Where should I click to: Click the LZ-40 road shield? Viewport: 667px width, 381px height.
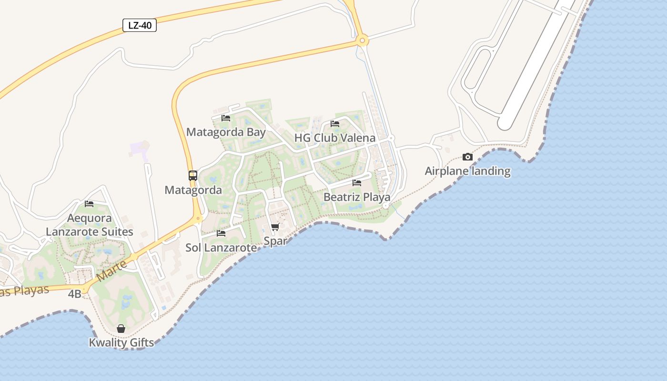pyautogui.click(x=140, y=25)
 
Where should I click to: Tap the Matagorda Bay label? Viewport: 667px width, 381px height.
pyautogui.click(x=226, y=132)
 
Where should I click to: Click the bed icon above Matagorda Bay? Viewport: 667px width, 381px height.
pyautogui.click(x=226, y=118)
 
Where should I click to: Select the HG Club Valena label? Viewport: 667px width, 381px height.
pyautogui.click(x=334, y=138)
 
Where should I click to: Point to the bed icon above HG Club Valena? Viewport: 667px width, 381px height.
pyautogui.click(x=335, y=124)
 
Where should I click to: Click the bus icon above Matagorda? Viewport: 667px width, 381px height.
pyautogui.click(x=193, y=176)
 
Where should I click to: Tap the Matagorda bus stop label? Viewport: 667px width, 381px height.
pyautogui.click(x=193, y=190)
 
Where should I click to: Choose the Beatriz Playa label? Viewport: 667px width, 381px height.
pyautogui.click(x=357, y=197)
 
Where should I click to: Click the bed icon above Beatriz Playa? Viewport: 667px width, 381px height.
pyautogui.click(x=357, y=183)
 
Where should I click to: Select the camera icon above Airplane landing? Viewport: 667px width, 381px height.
pyautogui.click(x=467, y=157)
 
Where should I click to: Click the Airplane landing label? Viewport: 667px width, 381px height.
pyautogui.click(x=467, y=171)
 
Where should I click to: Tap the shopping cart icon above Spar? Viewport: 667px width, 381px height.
pyautogui.click(x=275, y=227)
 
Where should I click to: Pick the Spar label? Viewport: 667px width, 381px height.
pyautogui.click(x=275, y=241)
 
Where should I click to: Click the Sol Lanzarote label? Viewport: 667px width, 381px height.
pyautogui.click(x=221, y=248)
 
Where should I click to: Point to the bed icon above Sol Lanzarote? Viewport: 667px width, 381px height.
pyautogui.click(x=221, y=233)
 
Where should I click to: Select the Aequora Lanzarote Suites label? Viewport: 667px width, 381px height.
pyautogui.click(x=90, y=225)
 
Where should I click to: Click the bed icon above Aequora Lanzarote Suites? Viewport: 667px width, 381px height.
pyautogui.click(x=89, y=204)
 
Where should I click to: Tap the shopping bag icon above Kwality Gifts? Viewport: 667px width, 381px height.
pyautogui.click(x=121, y=329)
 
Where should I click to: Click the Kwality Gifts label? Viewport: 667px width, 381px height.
pyautogui.click(x=121, y=342)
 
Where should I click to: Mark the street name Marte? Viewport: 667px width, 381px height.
pyautogui.click(x=111, y=270)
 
